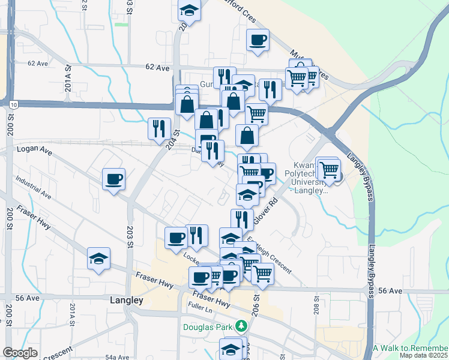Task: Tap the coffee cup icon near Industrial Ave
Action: click(x=113, y=179)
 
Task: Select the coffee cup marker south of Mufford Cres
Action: click(x=258, y=40)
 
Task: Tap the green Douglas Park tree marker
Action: click(x=241, y=326)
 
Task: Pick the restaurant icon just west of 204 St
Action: click(x=159, y=128)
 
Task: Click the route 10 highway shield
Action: click(x=13, y=104)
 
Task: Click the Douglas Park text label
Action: click(x=208, y=327)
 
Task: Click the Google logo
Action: click(x=20, y=353)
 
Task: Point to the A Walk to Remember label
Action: click(x=410, y=348)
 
